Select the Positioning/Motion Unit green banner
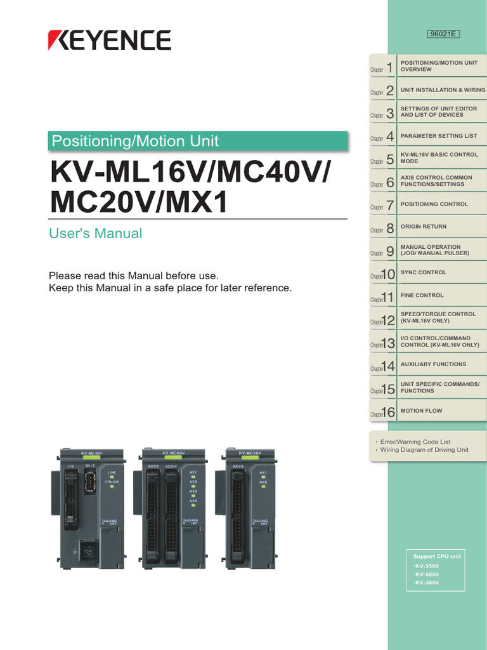[x=198, y=141]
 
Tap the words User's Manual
[x=96, y=234]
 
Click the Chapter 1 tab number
[x=389, y=67]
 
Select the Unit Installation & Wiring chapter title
[x=443, y=90]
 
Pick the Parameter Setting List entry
[x=439, y=136]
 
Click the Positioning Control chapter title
[x=434, y=204]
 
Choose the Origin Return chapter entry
[x=424, y=227]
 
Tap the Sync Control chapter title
[x=424, y=272]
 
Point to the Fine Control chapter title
[x=422, y=295]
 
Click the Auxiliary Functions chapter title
[x=433, y=364]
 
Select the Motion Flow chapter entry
[x=422, y=411]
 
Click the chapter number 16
[x=388, y=413]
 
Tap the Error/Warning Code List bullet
[x=415, y=442]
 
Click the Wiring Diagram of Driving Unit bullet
[x=424, y=450]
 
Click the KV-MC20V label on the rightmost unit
[x=250, y=453]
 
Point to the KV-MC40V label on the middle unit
[x=173, y=453]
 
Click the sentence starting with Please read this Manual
[x=134, y=276]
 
